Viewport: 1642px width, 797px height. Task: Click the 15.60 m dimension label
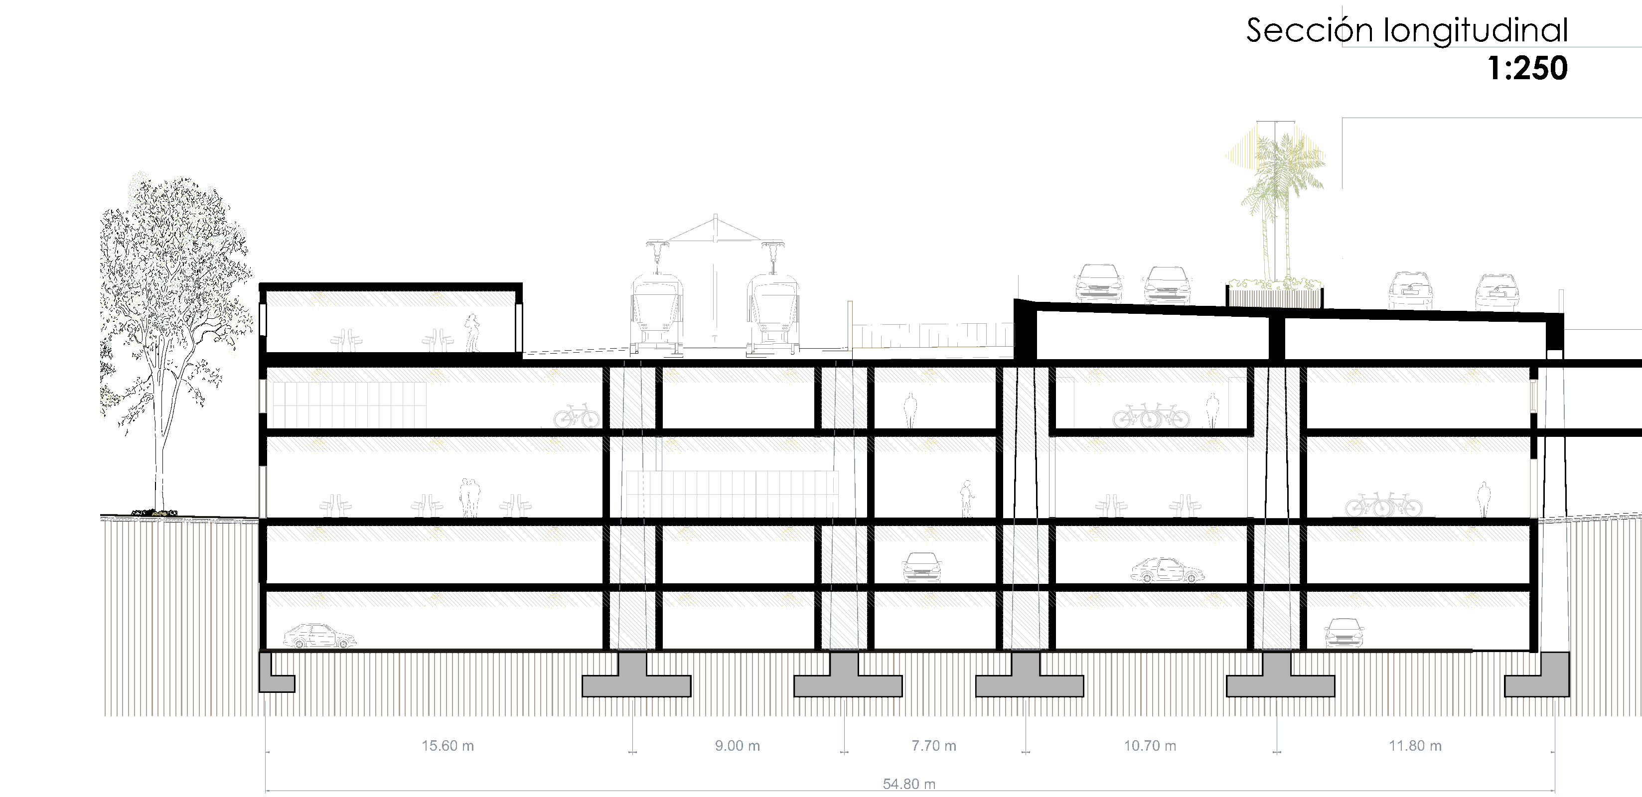448,745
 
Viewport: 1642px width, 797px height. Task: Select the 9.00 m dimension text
737,745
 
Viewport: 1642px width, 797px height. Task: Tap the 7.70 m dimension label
933,745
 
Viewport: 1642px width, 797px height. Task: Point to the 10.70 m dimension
1149,745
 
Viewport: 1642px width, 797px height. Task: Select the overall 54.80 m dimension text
909,784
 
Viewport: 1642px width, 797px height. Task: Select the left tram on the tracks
656,312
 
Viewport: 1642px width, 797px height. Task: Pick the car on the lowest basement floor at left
319,636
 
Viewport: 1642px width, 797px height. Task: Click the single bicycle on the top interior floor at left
576,416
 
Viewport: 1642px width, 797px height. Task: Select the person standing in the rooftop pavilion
472,333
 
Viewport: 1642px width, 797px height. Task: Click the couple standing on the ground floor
470,498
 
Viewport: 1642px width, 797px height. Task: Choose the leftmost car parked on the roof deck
1098,283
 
